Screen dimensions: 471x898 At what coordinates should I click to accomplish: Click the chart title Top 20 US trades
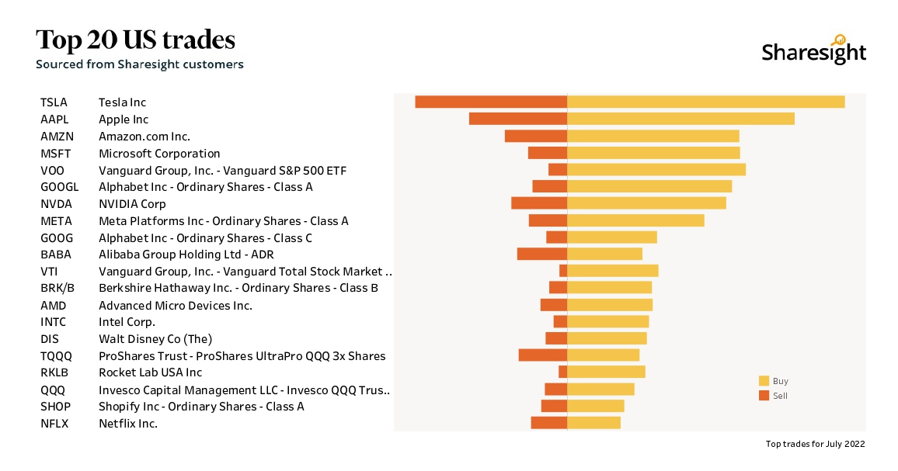tap(135, 40)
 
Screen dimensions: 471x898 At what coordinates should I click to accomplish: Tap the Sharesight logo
tap(813, 50)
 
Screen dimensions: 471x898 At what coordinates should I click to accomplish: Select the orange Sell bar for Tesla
tap(491, 102)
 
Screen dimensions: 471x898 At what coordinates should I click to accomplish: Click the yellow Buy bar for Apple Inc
tap(680, 119)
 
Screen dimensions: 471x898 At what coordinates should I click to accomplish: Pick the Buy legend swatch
tap(764, 381)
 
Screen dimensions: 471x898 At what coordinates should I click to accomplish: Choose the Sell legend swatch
tap(764, 396)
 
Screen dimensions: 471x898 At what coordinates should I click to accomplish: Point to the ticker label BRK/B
tap(57, 288)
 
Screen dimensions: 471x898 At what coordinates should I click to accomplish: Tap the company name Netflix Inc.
tap(128, 424)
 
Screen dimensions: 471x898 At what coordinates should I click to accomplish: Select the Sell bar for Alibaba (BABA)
tap(542, 254)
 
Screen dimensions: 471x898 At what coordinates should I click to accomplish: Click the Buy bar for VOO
tap(656, 169)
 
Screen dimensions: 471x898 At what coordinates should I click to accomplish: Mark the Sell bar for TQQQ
tap(543, 355)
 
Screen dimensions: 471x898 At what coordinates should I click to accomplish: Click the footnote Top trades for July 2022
tap(815, 444)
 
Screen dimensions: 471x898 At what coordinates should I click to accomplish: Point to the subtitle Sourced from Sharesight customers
tap(140, 64)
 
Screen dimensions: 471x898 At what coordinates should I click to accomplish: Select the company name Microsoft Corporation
tap(159, 154)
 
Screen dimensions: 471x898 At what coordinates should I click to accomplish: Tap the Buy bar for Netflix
tap(594, 422)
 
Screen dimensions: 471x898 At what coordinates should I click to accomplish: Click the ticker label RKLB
tap(55, 372)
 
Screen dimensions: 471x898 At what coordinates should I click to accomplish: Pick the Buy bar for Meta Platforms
tap(635, 220)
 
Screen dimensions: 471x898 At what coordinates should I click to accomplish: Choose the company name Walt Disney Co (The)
tap(155, 339)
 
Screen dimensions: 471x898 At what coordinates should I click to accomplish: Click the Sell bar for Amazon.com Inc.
tap(536, 136)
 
